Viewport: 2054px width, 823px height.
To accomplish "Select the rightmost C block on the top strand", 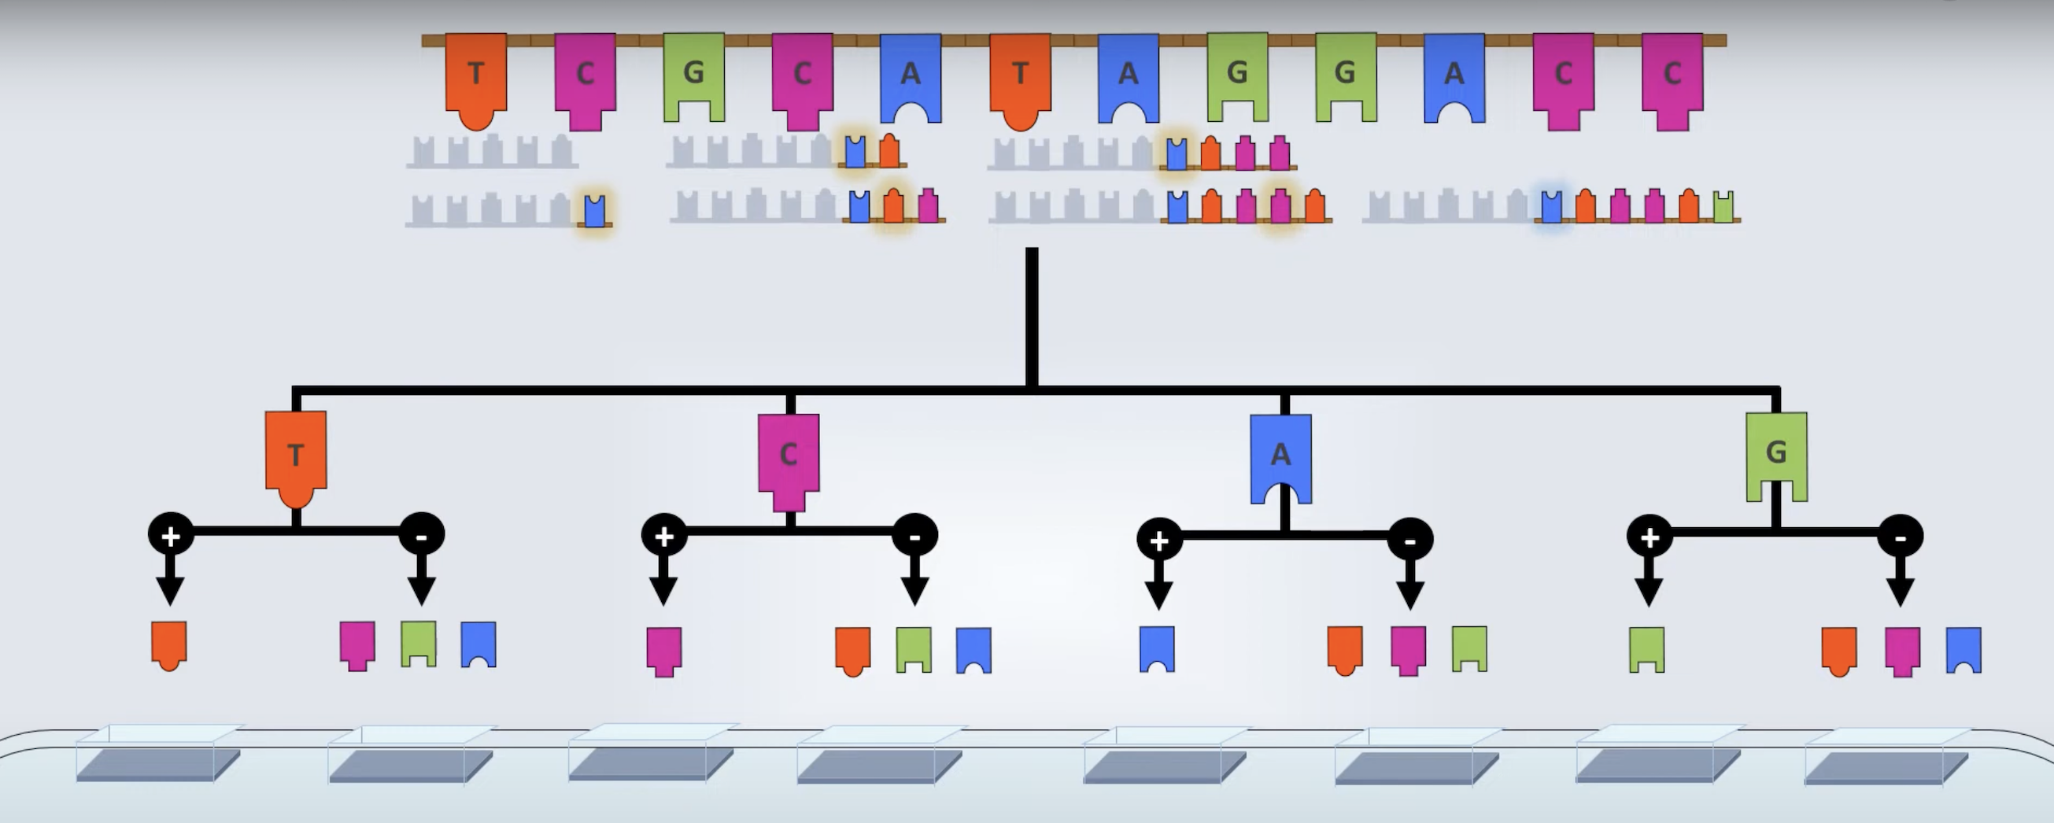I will tap(1672, 78).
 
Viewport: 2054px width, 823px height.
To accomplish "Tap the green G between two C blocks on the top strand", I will tap(693, 76).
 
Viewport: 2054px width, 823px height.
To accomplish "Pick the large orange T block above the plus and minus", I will tap(296, 455).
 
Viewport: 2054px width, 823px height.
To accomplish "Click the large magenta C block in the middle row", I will tap(789, 457).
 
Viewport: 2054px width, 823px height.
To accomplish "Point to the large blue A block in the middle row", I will tap(1280, 455).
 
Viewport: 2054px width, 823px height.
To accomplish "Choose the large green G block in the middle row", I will tap(1776, 453).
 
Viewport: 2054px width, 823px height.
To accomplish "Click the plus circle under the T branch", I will tap(171, 535).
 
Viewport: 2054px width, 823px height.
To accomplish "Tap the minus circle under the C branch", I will tap(914, 536).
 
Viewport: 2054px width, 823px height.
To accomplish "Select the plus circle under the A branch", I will tap(1158, 540).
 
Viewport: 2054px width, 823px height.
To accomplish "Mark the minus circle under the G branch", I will tap(1900, 537).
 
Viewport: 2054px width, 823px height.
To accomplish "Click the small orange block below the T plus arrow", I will tap(169, 644).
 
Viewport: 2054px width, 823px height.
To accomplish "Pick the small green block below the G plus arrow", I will tap(1646, 649).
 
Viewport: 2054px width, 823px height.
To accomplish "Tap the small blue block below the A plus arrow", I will tap(1157, 648).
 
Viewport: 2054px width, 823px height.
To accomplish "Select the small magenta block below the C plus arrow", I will tap(663, 650).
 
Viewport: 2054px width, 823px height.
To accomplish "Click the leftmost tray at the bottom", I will tap(158, 763).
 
